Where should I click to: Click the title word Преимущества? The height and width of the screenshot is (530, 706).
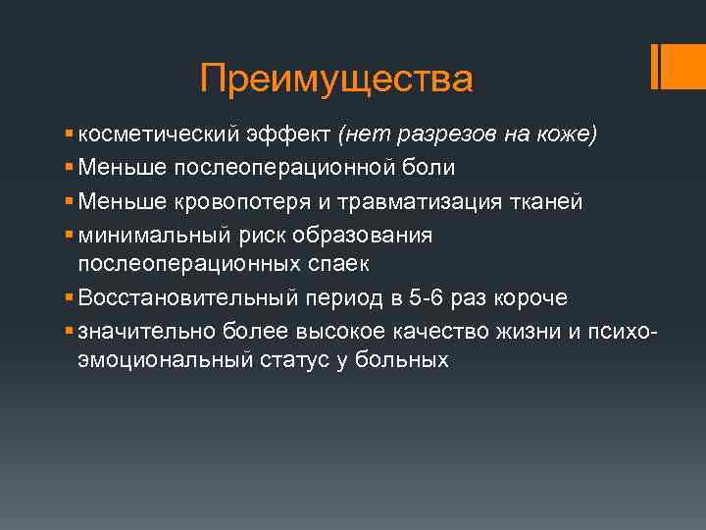[335, 79]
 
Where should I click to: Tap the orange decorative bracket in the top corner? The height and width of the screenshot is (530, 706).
[660, 67]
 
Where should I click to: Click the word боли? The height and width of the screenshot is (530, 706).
[430, 168]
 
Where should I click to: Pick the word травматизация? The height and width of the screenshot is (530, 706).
[421, 201]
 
